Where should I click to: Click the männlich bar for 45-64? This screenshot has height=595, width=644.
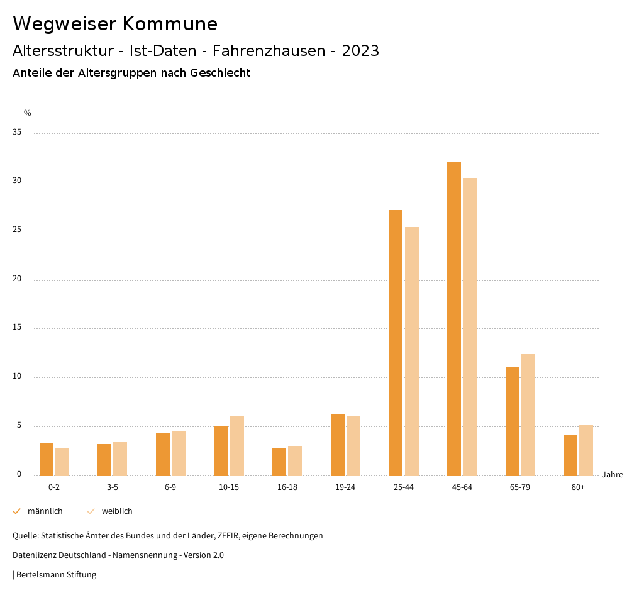click(454, 318)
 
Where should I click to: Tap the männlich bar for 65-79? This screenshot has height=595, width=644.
click(513, 421)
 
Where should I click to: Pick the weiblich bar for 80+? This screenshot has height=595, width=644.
click(586, 450)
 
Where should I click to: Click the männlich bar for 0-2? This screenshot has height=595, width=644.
click(47, 459)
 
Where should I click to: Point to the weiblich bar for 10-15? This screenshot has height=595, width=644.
click(237, 446)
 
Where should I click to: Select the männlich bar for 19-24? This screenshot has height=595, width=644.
click(338, 445)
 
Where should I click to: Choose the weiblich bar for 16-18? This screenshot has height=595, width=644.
click(295, 460)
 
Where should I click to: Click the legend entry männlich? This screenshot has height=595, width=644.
click(45, 511)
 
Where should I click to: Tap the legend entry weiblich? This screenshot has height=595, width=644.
click(117, 511)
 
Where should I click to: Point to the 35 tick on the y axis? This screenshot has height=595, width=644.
click(17, 133)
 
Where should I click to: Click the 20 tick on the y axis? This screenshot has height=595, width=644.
click(17, 279)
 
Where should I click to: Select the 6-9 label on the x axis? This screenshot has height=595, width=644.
click(170, 487)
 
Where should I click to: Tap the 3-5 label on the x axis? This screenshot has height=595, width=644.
click(113, 487)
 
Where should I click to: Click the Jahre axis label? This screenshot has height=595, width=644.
click(613, 475)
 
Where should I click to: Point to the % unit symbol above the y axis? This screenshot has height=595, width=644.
click(28, 113)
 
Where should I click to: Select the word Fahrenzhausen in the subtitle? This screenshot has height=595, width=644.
click(272, 51)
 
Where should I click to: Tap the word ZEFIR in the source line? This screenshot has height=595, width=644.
click(225, 536)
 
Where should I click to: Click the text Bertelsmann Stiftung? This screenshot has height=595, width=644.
click(56, 575)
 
